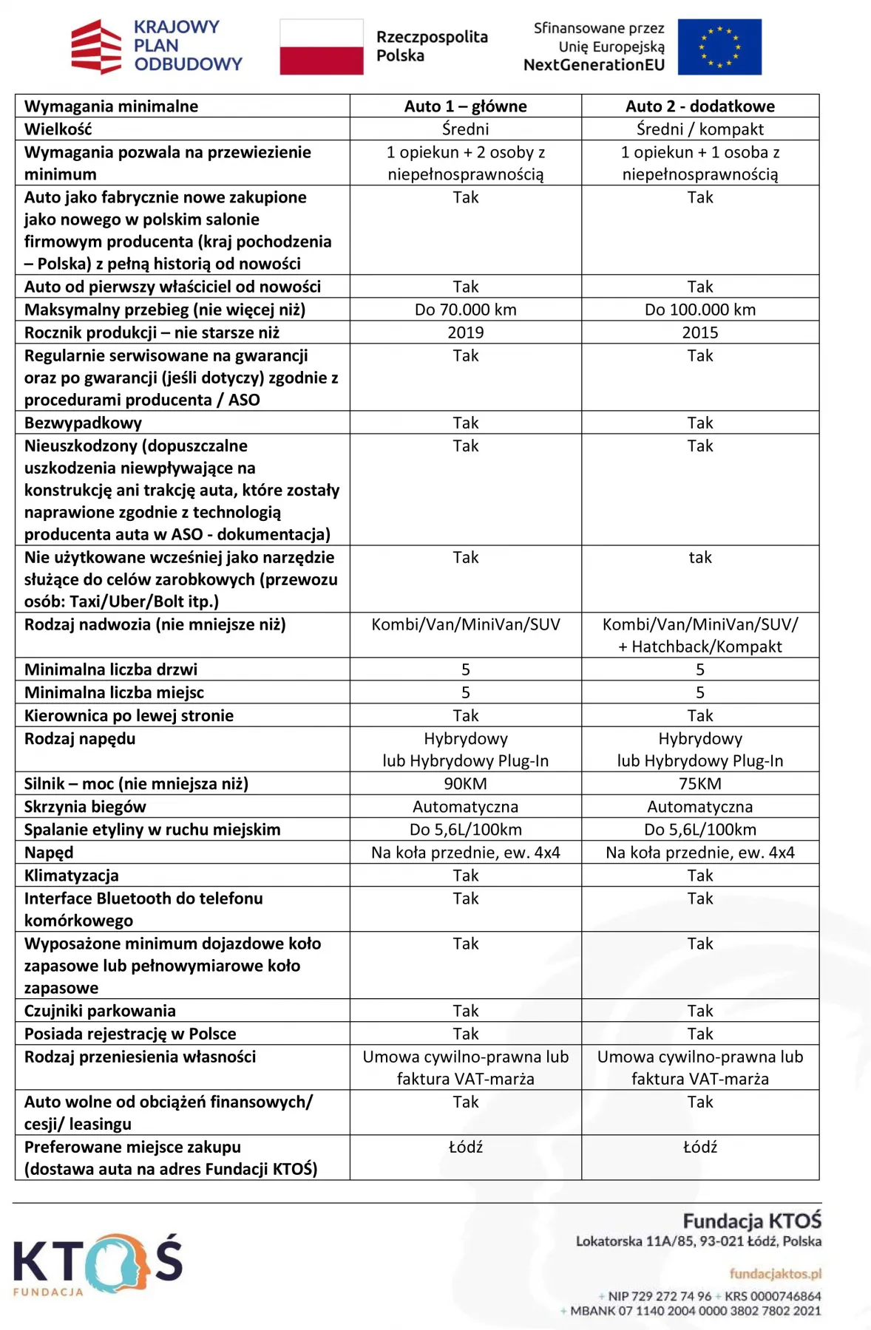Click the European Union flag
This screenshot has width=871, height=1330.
[x=719, y=47]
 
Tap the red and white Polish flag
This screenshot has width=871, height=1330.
[x=322, y=47]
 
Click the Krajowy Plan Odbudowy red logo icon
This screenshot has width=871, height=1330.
[x=96, y=47]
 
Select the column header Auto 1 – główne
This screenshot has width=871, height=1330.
[x=465, y=106]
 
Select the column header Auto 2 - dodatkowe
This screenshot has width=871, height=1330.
[x=699, y=106]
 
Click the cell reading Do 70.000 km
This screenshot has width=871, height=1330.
[x=465, y=310]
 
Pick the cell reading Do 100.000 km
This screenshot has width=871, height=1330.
[x=699, y=310]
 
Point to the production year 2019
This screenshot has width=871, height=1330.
[x=465, y=332]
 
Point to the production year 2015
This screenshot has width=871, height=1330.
[x=699, y=332]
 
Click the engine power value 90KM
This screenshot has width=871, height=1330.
[x=465, y=784]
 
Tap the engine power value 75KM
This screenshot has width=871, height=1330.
[x=699, y=784]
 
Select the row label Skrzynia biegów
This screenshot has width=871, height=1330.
[x=85, y=807]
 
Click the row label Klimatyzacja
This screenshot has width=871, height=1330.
[x=72, y=876]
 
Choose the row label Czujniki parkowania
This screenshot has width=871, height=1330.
[x=100, y=1011]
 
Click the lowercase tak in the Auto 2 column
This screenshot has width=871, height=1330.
[x=699, y=558]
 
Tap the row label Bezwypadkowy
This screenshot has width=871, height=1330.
[x=83, y=423]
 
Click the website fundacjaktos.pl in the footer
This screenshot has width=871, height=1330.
[x=775, y=1274]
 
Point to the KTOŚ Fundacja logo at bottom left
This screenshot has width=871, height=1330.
[x=97, y=1263]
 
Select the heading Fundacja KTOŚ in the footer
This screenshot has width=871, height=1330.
[x=751, y=1221]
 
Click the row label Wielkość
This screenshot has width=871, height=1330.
[x=58, y=129]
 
